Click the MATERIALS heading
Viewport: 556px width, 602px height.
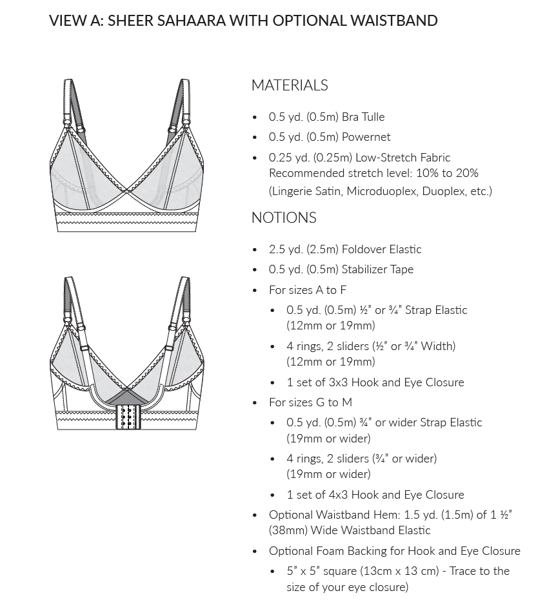(290, 85)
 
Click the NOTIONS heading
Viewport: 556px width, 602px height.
(284, 218)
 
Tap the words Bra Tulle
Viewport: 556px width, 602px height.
(364, 117)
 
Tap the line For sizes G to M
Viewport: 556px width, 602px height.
(310, 402)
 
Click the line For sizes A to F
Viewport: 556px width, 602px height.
(308, 290)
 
